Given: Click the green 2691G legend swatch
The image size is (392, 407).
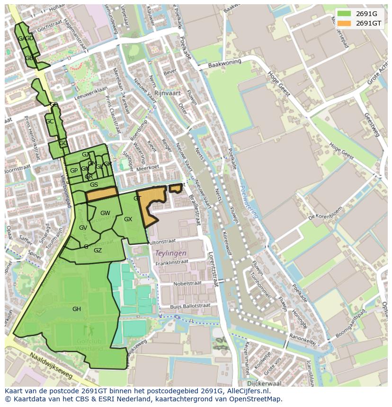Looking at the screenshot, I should point(344,14).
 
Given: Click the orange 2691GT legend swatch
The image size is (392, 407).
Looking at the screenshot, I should point(344,23).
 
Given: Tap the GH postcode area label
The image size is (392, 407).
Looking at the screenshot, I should point(77,309).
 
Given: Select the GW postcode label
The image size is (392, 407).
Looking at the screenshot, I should point(105,213).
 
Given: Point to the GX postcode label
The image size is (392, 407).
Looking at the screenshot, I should point(128,219).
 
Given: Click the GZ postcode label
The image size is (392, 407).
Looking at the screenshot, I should point(98,251).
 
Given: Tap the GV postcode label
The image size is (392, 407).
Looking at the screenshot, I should point(83,228).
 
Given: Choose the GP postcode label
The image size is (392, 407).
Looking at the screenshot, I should point(74,171).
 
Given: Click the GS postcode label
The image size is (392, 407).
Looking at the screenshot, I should point(94,185).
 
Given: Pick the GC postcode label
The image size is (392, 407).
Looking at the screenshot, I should point(50,121).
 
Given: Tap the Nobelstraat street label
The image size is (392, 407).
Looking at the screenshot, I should point(187,284).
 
